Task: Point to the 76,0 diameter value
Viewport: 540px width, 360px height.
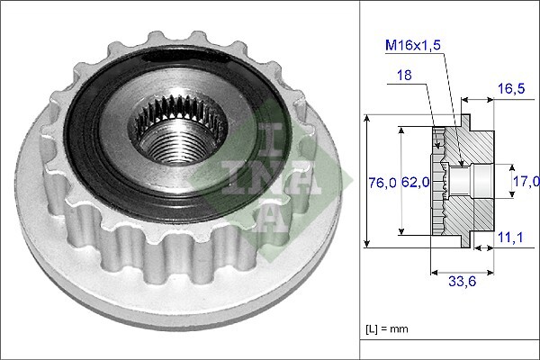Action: pyautogui.click(x=382, y=183)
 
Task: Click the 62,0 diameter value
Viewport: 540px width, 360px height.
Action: pyautogui.click(x=414, y=183)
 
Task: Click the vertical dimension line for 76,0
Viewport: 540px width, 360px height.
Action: pyautogui.click(x=367, y=180)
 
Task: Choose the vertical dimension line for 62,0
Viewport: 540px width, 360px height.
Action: pyautogui.click(x=401, y=180)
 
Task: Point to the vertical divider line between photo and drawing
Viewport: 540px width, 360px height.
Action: pyautogui.click(x=360, y=180)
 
